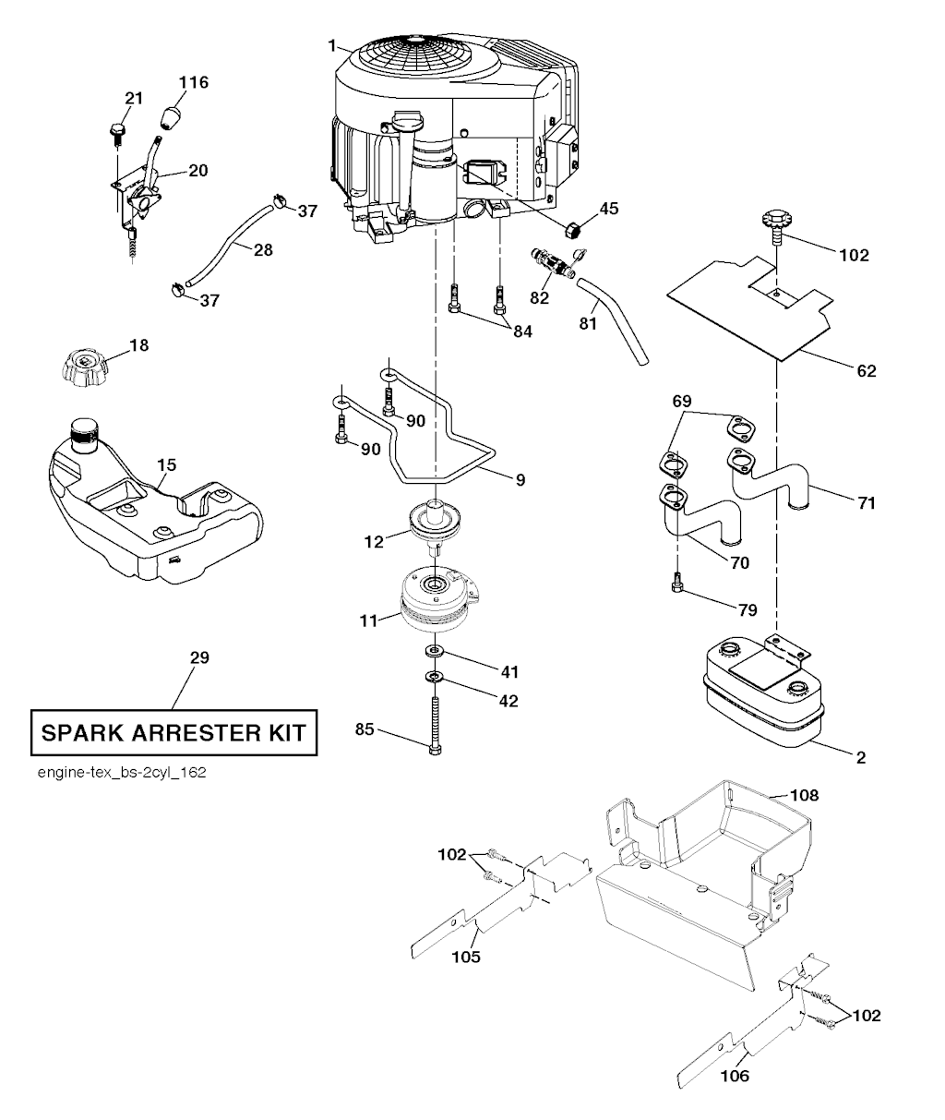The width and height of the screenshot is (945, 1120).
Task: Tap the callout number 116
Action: point(193,83)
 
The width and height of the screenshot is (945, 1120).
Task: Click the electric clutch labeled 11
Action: point(435,599)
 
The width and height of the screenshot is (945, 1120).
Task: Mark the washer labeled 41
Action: point(434,654)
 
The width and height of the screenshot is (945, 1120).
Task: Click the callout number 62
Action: point(866,371)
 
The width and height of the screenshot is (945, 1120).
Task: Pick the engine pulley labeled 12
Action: point(431,521)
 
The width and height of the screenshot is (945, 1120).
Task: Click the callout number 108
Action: point(804,794)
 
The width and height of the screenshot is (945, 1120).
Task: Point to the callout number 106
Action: point(735,1075)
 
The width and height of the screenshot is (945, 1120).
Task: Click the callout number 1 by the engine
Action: point(331,43)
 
